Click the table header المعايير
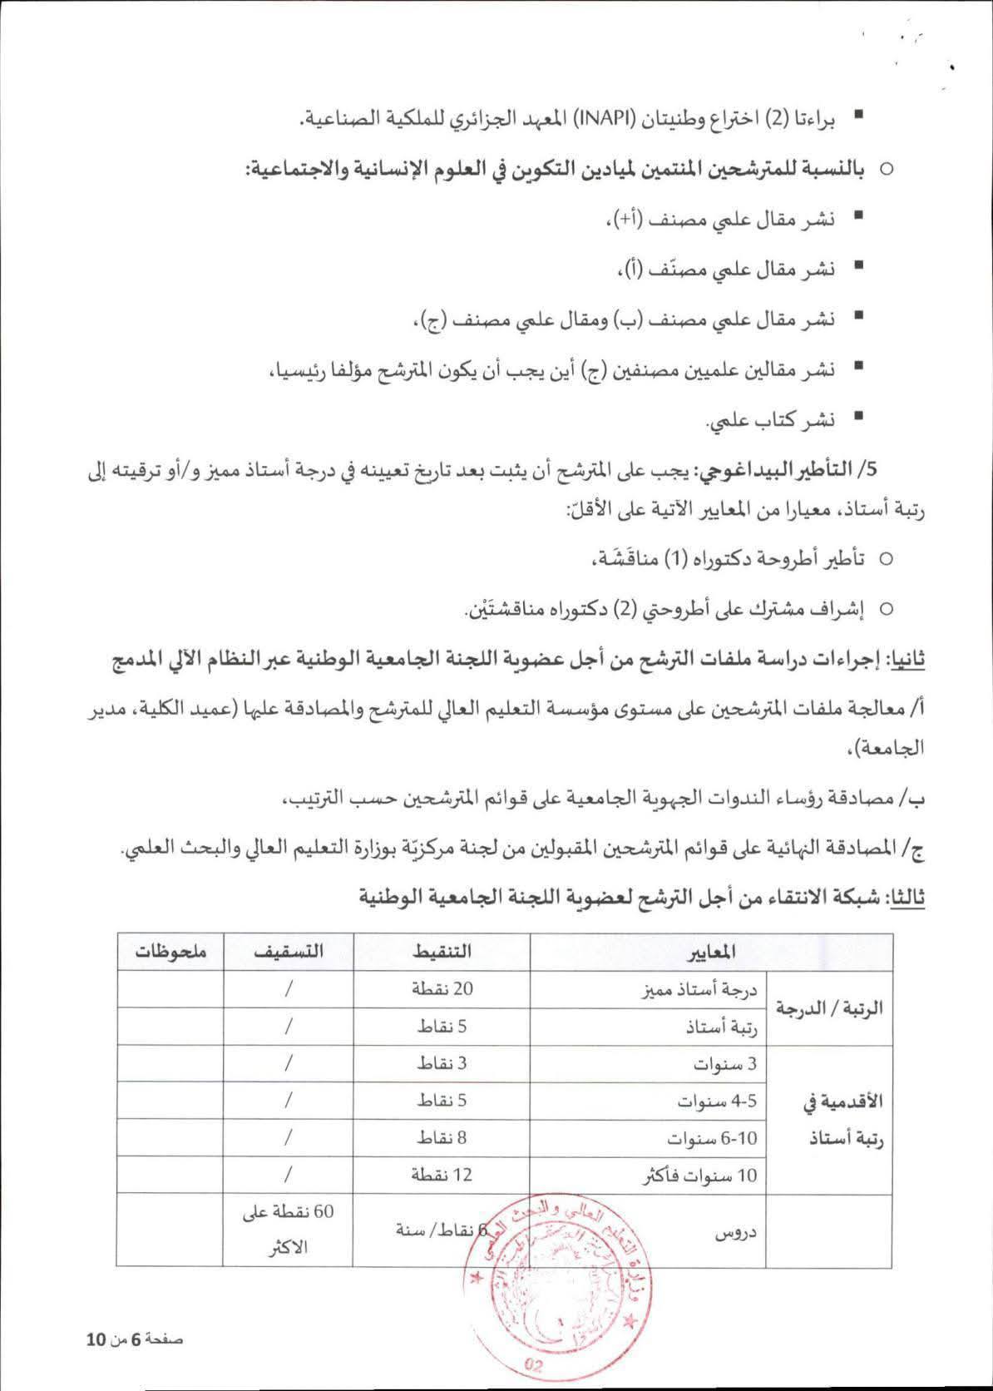coord(713,951)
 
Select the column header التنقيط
coord(442,951)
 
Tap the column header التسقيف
coord(289,951)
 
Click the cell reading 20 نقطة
coord(442,988)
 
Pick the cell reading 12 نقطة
coord(442,1175)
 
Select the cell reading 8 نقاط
coord(442,1137)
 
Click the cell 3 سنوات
coord(726,1064)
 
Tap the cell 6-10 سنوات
coord(713,1137)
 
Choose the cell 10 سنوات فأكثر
coord(700,1176)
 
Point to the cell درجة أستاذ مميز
coord(709,989)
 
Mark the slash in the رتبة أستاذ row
coord(289,1027)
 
